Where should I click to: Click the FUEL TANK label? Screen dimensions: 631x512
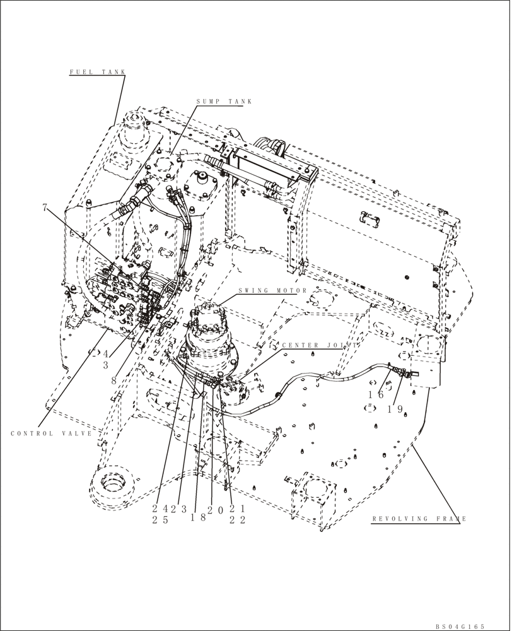pyautogui.click(x=97, y=72)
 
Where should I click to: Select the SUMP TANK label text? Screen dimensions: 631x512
pyautogui.click(x=223, y=101)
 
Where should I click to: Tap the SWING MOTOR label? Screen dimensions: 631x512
pyautogui.click(x=272, y=291)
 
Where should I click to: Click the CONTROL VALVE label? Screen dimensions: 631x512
pyautogui.click(x=51, y=433)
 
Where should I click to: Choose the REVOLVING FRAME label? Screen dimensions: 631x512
pyautogui.click(x=418, y=519)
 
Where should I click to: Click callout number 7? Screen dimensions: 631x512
pyautogui.click(x=45, y=208)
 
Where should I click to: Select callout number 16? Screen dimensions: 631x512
pyautogui.click(x=376, y=394)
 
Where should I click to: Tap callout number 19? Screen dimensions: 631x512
pyautogui.click(x=395, y=408)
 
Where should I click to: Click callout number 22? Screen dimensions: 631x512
pyautogui.click(x=237, y=520)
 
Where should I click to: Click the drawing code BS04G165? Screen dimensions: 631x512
pyautogui.click(x=460, y=626)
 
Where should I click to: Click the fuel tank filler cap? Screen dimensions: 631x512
pyautogui.click(x=133, y=130)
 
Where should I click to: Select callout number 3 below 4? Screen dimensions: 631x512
pyautogui.click(x=106, y=365)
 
